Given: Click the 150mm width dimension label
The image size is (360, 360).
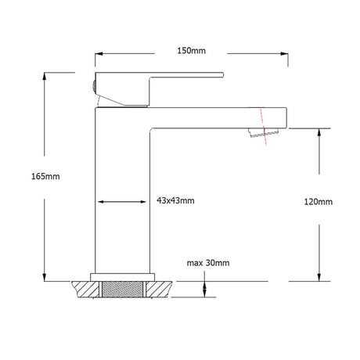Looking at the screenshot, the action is pos(192,50).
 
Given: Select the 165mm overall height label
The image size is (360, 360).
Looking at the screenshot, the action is pos(45,176).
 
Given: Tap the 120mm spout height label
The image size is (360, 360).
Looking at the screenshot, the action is pos(319,202).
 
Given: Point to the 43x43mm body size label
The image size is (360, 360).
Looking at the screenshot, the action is pos(175,200).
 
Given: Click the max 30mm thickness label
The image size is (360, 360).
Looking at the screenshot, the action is pos(208,263).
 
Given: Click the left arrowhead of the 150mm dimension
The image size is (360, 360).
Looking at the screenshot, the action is pos(99,54).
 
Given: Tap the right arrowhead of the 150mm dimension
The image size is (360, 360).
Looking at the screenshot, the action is pos(284,54).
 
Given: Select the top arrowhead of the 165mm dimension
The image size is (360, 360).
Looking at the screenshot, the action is pos(45,76).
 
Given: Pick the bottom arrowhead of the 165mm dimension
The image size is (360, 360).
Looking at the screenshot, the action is pos(45,277).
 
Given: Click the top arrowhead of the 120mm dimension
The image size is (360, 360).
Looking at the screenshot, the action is pos(319,132).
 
